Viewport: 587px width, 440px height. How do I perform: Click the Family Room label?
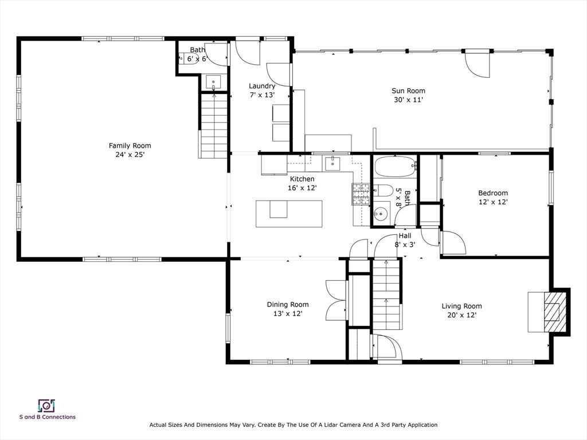point(130,146)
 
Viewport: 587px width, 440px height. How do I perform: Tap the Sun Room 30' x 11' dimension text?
point(408,100)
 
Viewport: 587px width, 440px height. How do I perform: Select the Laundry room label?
point(262,86)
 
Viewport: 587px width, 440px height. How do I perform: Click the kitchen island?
point(289,214)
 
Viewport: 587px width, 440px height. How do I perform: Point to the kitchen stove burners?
point(361,194)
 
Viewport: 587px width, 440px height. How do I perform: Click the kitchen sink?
point(332,163)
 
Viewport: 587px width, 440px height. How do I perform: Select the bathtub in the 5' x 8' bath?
point(396,167)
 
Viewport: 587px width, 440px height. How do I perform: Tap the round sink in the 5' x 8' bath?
point(381,214)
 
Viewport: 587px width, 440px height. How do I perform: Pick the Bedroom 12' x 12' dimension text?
point(493,202)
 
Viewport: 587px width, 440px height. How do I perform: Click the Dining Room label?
point(288,305)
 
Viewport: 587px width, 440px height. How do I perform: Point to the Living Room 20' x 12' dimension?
point(461,315)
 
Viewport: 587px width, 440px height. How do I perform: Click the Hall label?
point(405,235)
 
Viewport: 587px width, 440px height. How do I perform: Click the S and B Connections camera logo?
point(46,406)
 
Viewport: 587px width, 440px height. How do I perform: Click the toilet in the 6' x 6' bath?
point(188,59)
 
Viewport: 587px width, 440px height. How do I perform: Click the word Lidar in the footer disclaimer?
point(326,425)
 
